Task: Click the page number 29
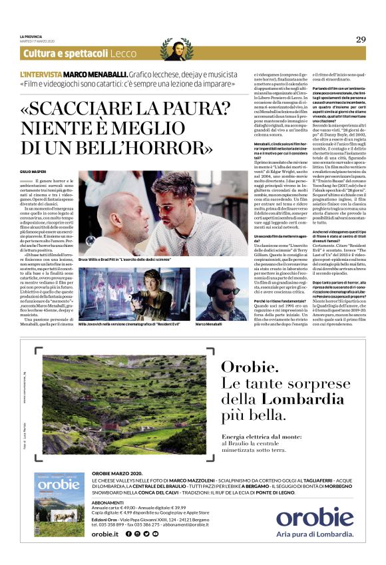361,40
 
